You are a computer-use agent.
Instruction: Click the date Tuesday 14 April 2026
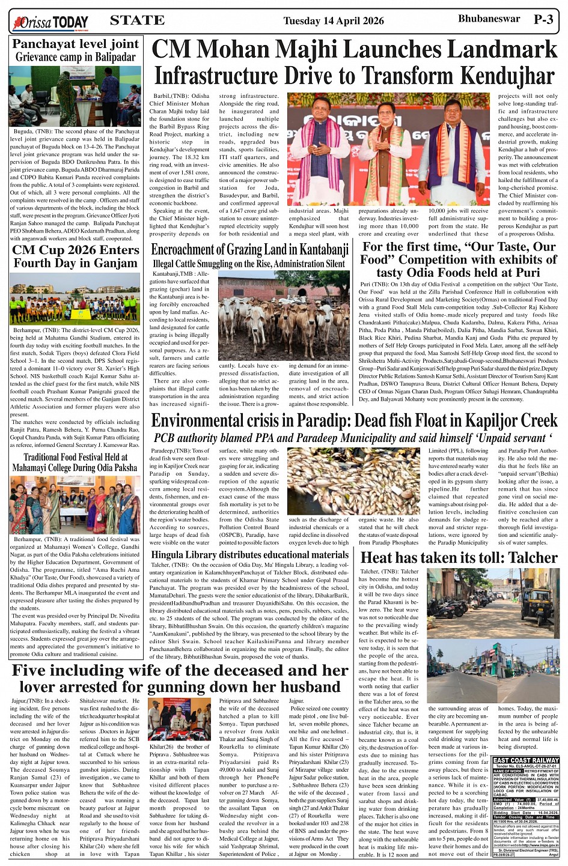[333, 21]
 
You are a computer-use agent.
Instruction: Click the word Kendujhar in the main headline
[506, 76]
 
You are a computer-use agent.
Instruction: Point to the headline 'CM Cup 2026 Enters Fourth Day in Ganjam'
[75, 256]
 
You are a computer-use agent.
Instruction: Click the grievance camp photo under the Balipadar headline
[75, 96]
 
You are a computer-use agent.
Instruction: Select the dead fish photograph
[353, 482]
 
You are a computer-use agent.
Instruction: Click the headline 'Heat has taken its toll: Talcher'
[459, 558]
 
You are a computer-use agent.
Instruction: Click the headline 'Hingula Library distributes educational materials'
[249, 555]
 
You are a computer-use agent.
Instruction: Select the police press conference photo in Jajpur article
[179, 719]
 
